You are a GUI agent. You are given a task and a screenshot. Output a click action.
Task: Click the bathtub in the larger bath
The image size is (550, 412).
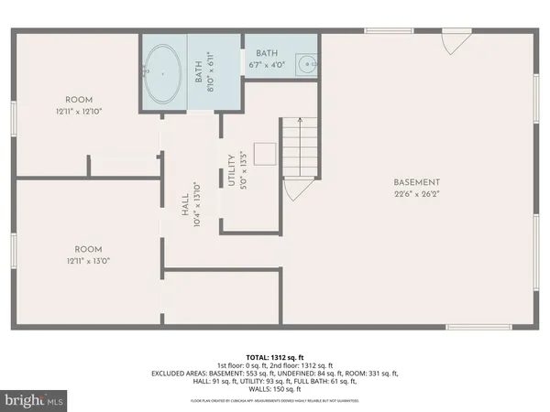163,73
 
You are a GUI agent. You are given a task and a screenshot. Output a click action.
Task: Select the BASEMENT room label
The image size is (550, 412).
417,181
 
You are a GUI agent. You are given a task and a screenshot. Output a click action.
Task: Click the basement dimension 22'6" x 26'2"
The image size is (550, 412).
417,194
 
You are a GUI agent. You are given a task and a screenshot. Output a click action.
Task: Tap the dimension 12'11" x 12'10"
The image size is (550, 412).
79,112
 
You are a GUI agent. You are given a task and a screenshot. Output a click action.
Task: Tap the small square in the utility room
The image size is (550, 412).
265,154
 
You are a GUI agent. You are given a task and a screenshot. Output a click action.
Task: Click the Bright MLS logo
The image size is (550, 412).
35,399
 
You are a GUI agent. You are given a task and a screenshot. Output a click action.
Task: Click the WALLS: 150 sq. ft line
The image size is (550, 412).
275,390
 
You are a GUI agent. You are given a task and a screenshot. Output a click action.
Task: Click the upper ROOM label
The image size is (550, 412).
79,100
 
